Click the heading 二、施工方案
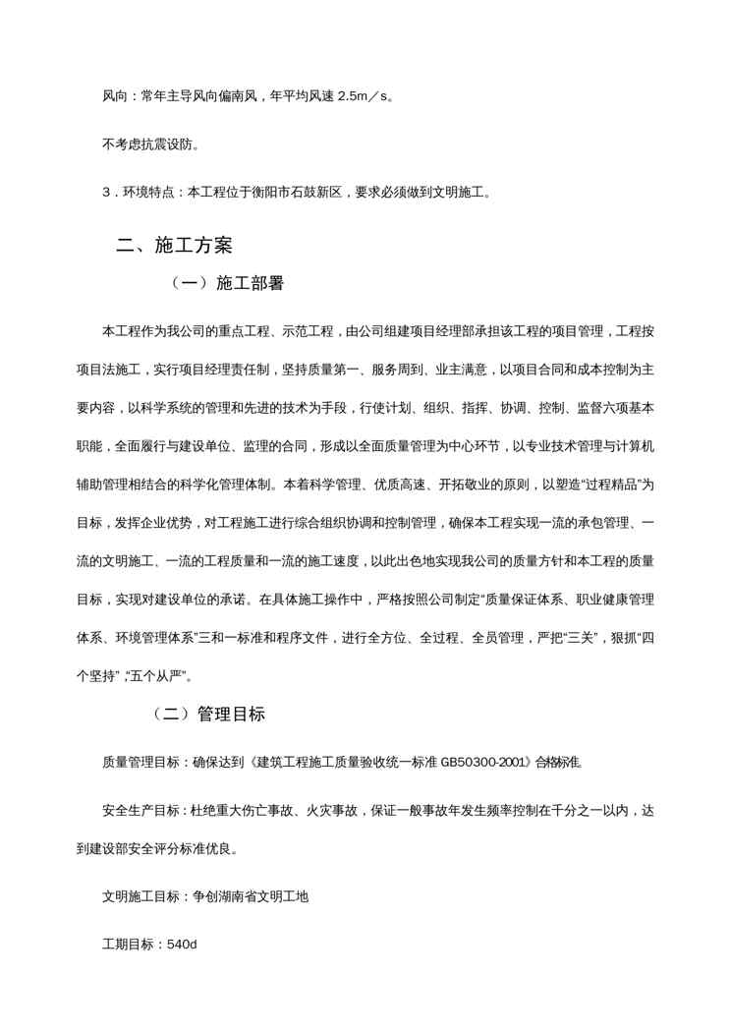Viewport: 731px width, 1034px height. click(174, 245)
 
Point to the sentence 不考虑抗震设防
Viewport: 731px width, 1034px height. click(149, 144)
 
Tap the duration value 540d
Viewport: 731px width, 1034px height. click(183, 944)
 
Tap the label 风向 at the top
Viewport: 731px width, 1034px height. click(114, 96)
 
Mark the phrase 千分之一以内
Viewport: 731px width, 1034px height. click(586, 812)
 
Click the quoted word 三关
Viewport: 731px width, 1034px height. click(571, 650)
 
